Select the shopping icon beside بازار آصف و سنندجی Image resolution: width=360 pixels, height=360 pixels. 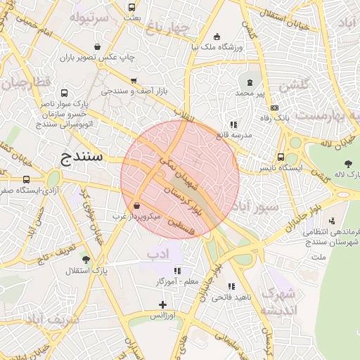[x=134, y=81]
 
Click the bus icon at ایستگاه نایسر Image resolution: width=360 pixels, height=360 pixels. [x=281, y=157]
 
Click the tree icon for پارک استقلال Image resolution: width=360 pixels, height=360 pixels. [x=86, y=259]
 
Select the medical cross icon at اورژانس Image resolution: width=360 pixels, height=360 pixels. [x=163, y=304]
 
